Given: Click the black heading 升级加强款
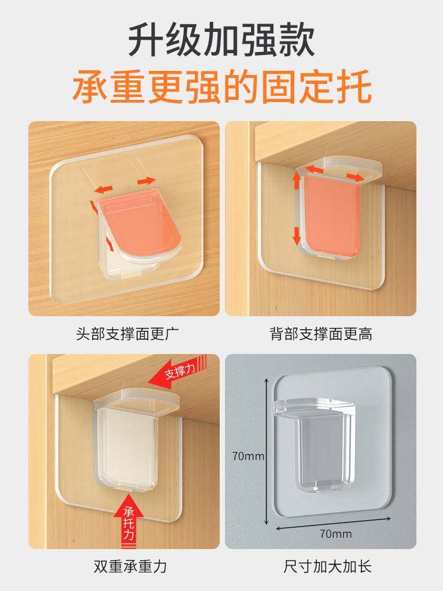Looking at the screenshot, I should [221, 40].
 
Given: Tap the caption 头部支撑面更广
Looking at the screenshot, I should [123, 334].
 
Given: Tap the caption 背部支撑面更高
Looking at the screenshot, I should [321, 334].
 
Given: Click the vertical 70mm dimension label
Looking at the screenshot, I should [248, 456].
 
